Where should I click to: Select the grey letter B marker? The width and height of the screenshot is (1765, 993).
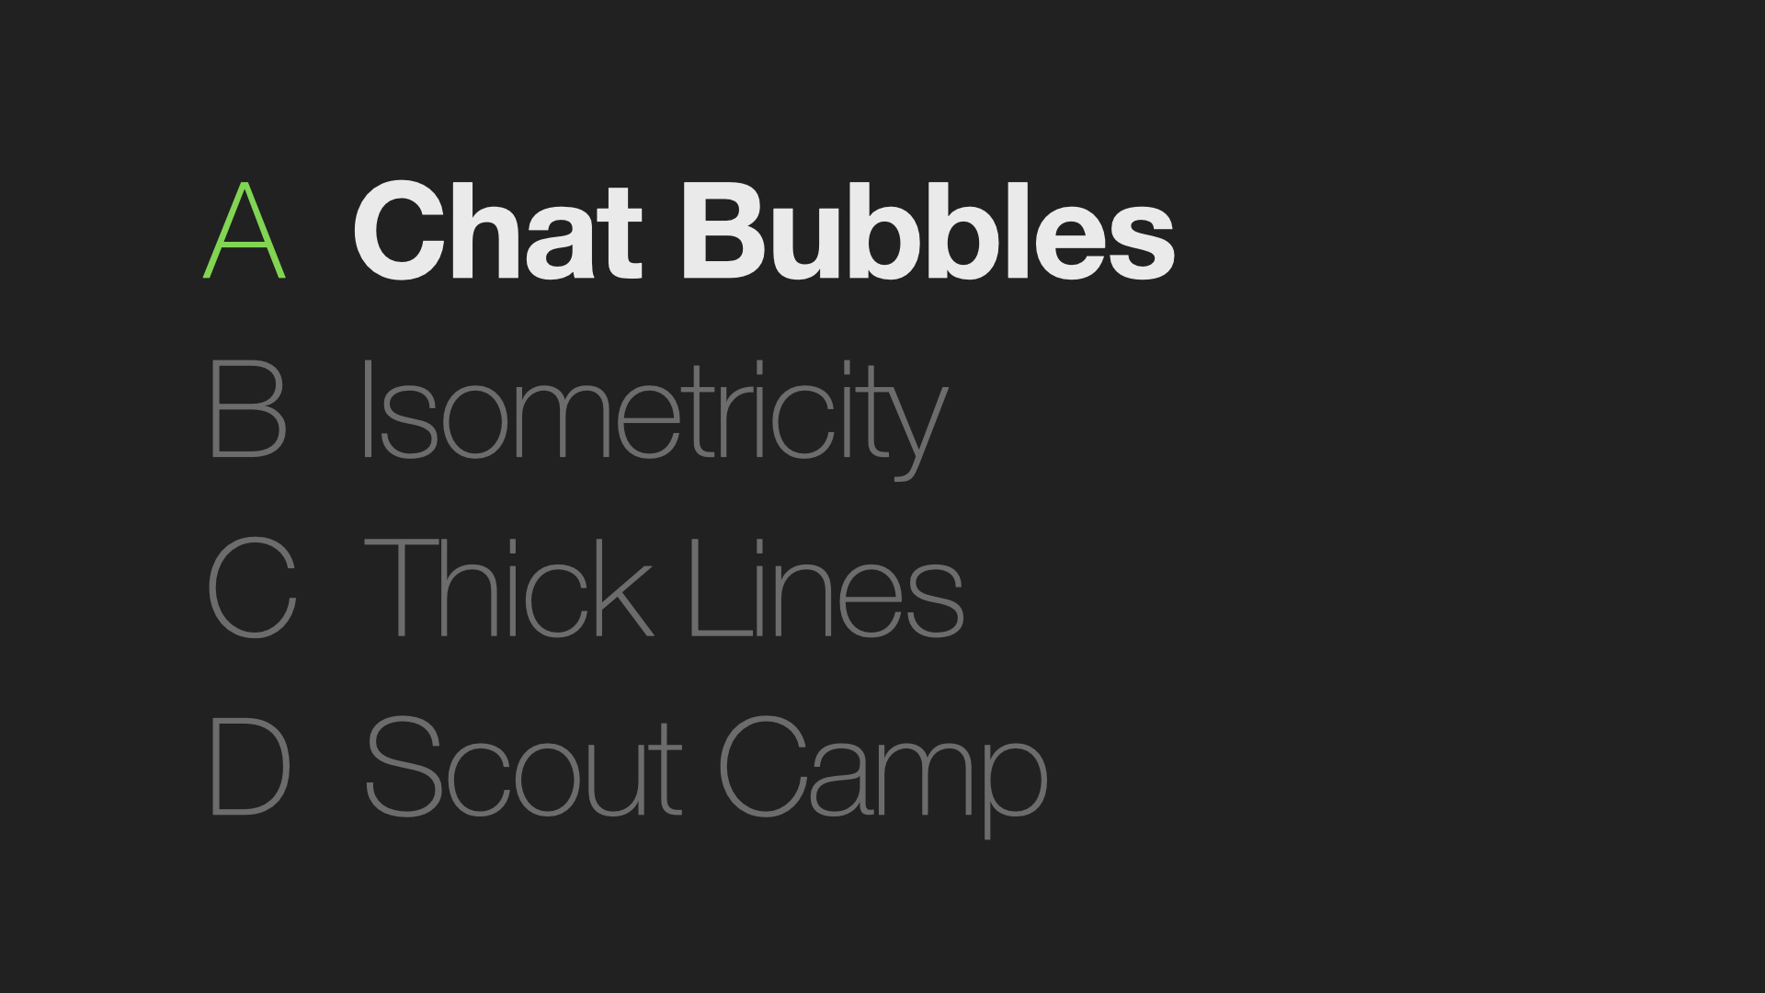tap(248, 408)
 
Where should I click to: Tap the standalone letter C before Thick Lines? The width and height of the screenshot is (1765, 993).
tap(252, 587)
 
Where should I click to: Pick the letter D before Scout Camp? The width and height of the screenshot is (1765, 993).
tap(250, 766)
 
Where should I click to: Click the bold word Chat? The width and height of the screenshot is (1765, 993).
tap(497, 230)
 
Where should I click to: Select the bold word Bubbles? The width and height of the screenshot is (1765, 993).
tap(928, 230)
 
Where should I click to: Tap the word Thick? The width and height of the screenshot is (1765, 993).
tap(509, 588)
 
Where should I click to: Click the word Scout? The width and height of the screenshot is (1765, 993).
tap(523, 767)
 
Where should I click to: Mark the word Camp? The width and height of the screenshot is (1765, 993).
tap(882, 777)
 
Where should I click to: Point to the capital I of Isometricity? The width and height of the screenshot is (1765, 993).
tap(367, 408)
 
